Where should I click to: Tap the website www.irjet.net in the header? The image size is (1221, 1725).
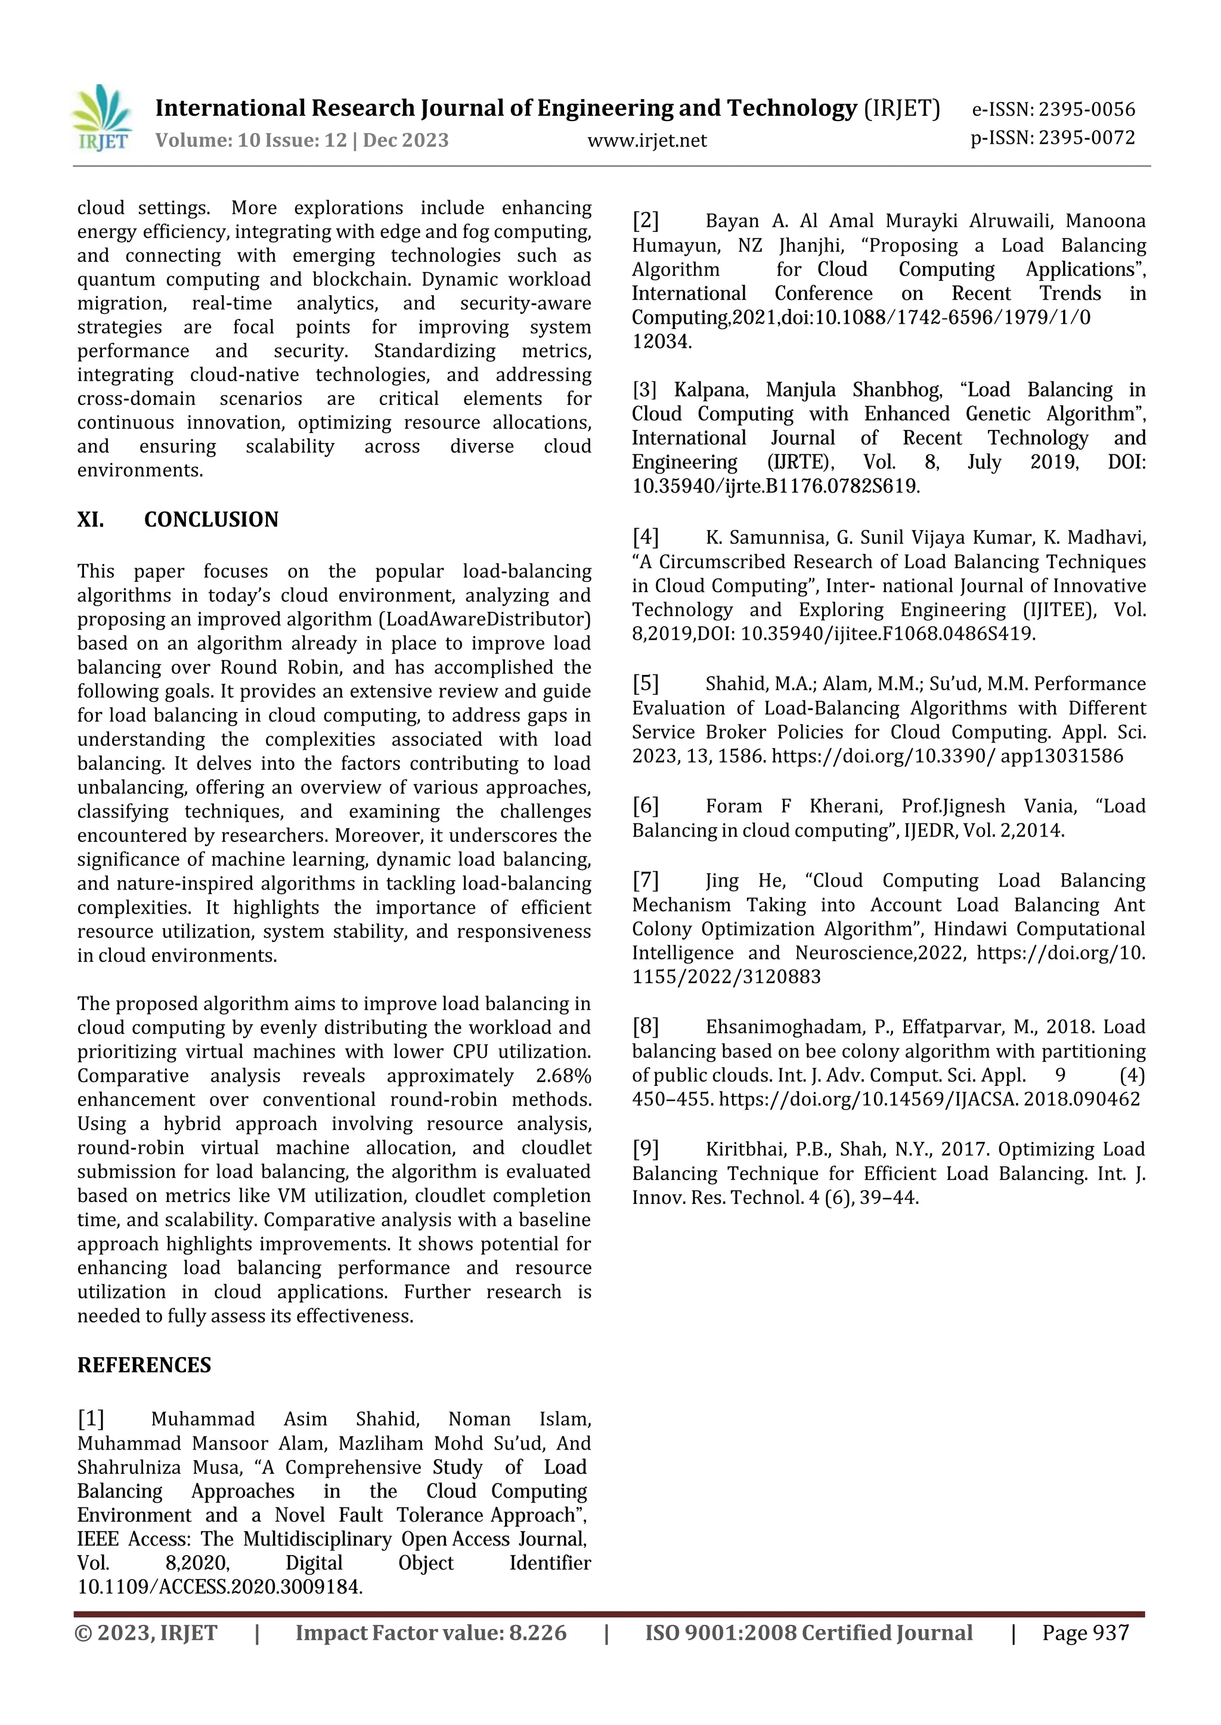click(x=647, y=141)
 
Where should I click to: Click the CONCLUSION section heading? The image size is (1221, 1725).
click(x=211, y=519)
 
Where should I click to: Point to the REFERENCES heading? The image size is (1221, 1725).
click(x=144, y=1365)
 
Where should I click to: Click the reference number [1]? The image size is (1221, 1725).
click(x=91, y=1419)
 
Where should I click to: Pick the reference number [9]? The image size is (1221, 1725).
click(x=645, y=1149)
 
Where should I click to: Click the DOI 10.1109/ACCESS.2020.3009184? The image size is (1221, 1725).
click(x=219, y=1587)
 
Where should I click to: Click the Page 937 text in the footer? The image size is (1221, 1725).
click(x=1085, y=1633)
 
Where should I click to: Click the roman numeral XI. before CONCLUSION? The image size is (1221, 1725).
click(x=91, y=519)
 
